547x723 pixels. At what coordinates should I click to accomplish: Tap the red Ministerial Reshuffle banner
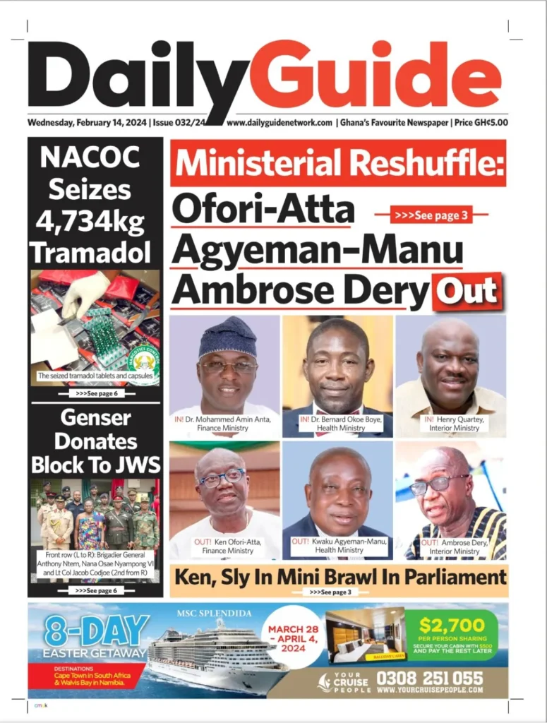tap(338, 164)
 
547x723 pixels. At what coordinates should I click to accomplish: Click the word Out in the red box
tap(467, 292)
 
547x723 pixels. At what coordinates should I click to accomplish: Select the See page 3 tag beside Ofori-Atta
tap(431, 215)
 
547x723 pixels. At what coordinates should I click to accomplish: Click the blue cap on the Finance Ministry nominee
tap(227, 337)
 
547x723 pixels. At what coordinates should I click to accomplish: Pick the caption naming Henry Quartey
tap(452, 424)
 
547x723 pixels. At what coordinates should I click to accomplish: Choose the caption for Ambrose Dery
tap(452, 546)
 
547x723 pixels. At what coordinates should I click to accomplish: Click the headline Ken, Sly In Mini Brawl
tap(339, 577)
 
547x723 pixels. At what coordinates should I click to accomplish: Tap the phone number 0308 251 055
tap(430, 678)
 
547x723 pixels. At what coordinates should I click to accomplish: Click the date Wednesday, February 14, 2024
tap(87, 122)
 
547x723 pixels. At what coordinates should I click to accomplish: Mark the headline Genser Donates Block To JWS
tap(95, 441)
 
